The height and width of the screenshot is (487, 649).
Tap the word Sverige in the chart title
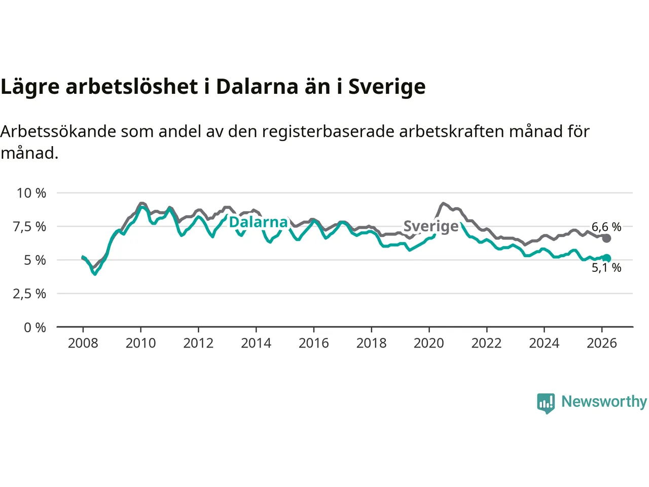click(387, 86)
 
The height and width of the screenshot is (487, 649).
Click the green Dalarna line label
click(258, 222)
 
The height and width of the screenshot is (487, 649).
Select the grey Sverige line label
click(431, 226)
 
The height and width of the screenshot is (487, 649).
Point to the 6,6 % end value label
click(606, 227)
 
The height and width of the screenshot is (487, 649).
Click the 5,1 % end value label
click(606, 267)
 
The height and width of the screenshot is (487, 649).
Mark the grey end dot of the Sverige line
click(606, 238)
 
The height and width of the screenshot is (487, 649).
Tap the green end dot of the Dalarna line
click(606, 258)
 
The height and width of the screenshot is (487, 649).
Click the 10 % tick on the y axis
click(31, 193)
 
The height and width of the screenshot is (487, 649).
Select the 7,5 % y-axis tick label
click(29, 227)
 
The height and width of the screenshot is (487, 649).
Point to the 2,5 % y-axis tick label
click(29, 294)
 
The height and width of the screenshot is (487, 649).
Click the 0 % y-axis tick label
click(35, 327)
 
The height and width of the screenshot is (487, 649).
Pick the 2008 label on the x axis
click(83, 343)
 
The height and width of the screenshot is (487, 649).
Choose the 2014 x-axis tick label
click(256, 343)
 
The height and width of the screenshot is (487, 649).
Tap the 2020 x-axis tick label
click(428, 343)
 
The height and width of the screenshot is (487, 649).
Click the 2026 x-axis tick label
click(601, 343)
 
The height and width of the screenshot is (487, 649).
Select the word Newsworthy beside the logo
click(604, 401)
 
